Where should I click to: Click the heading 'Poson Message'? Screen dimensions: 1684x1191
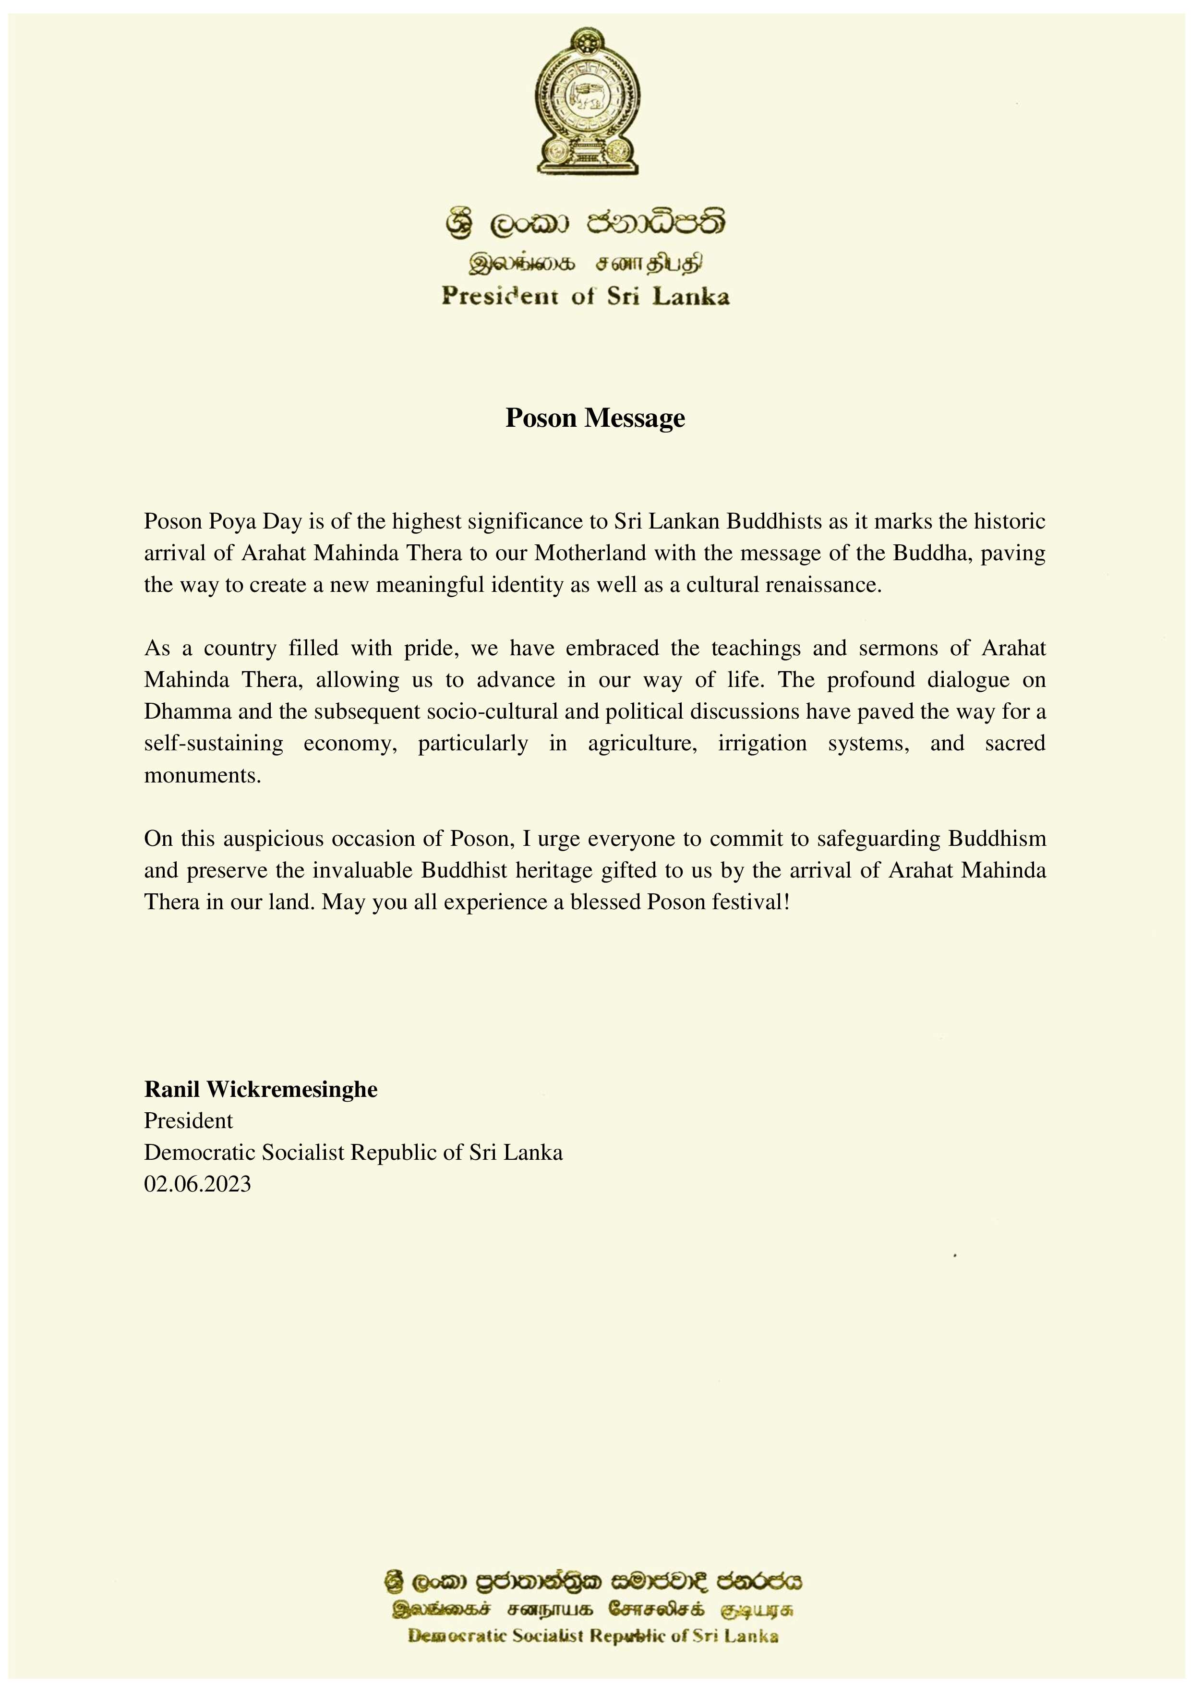[595, 418]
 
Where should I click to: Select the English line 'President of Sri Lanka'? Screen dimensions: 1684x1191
[585, 296]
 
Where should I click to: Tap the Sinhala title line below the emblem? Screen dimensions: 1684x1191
[585, 223]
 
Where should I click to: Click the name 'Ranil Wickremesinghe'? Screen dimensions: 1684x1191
[260, 1089]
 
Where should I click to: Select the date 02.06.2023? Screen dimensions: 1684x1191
[197, 1184]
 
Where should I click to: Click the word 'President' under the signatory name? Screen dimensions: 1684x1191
[189, 1121]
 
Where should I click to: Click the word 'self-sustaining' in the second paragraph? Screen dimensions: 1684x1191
[214, 744]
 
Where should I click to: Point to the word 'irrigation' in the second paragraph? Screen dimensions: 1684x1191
[762, 744]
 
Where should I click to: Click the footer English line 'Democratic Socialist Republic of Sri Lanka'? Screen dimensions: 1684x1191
[592, 1656]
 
